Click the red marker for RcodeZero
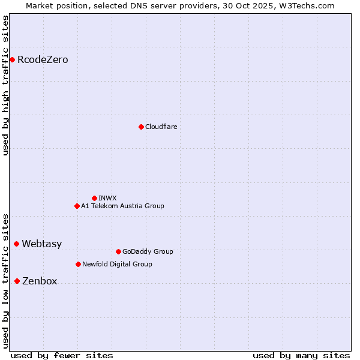tap(12, 59)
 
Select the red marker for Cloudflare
tap(141, 127)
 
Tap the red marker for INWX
tap(94, 198)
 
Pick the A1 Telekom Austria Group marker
tap(77, 206)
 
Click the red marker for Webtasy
tap(16, 244)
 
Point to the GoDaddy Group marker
tap(118, 251)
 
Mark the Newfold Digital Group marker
tap(78, 264)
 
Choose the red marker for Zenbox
tap(17, 281)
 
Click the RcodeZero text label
tap(43, 60)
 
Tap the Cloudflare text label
tap(161, 127)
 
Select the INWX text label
tap(107, 199)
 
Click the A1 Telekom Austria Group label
tap(122, 206)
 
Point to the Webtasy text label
tap(41, 244)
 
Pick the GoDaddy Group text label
tap(147, 252)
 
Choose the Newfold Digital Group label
tap(117, 265)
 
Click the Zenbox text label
tap(40, 281)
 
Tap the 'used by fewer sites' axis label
tap(62, 355)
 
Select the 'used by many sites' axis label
tap(301, 355)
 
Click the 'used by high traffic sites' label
tap(6, 85)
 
